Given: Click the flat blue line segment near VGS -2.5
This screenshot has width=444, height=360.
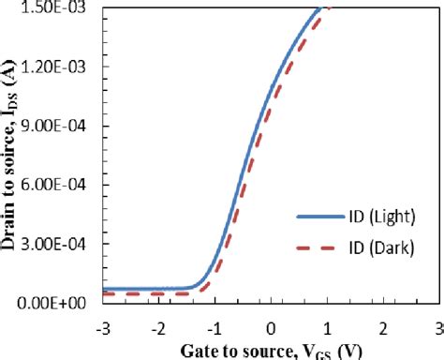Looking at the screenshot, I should click(x=131, y=289).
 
